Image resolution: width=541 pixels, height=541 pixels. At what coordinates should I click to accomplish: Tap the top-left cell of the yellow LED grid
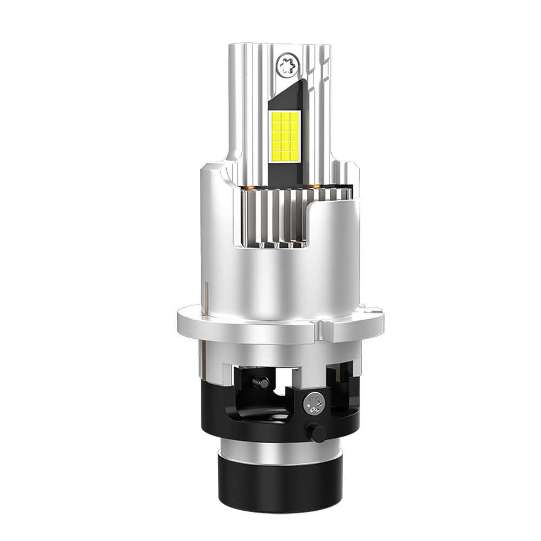[x=275, y=116]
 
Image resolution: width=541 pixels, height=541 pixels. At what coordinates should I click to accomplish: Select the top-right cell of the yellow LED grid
[x=295, y=116]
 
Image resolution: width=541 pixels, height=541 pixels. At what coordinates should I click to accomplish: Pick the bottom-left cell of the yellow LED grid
[x=275, y=157]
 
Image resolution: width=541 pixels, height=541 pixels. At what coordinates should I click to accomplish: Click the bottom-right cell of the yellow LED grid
[x=295, y=157]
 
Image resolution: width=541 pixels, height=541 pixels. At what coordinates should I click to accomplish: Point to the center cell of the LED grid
[x=285, y=137]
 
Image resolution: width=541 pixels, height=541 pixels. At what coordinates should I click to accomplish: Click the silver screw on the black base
[x=314, y=402]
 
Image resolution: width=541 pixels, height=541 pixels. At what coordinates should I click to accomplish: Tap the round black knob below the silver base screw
[x=316, y=433]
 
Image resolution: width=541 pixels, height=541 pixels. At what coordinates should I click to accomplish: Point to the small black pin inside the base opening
[x=262, y=382]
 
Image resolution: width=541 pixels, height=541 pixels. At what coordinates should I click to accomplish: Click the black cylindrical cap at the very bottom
[x=280, y=484]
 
